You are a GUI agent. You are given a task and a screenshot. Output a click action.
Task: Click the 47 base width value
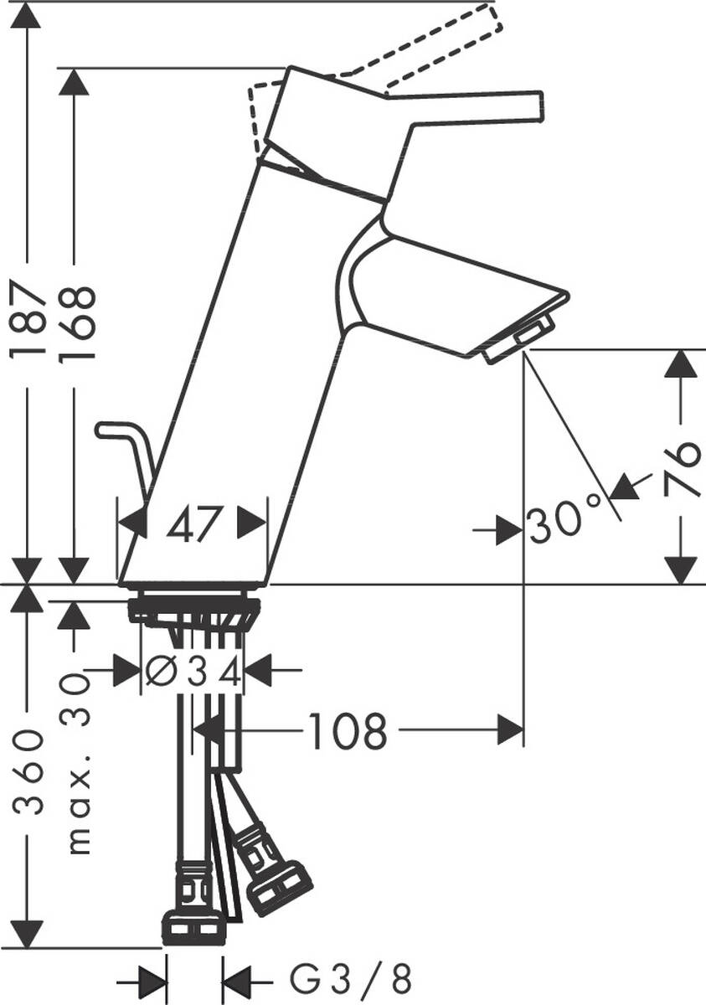click(x=193, y=525)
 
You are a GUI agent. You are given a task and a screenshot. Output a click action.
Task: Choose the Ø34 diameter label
click(x=193, y=671)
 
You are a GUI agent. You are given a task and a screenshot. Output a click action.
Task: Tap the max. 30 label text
click(x=78, y=762)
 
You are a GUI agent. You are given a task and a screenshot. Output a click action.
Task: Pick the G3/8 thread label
click(x=351, y=977)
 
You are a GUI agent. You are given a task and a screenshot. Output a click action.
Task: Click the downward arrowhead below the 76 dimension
click(x=684, y=569)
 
